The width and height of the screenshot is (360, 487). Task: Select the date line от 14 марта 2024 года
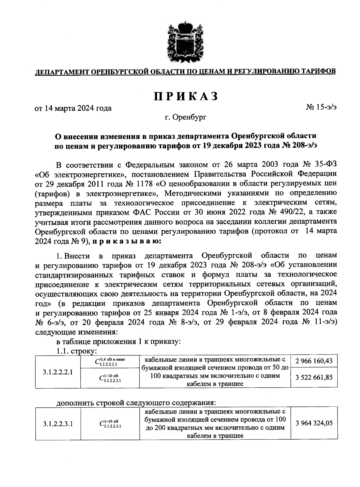coord(73,108)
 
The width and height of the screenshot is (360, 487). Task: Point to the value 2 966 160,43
coord(314,361)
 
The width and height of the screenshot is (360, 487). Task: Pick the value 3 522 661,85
coord(314,377)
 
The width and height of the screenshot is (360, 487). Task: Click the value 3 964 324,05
coord(314,423)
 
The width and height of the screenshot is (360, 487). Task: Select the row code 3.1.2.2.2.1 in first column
coord(58,372)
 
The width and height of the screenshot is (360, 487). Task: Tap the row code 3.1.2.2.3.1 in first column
coord(58,424)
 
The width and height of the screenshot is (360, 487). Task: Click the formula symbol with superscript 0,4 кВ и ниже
coord(110,361)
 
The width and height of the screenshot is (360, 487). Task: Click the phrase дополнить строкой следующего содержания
coord(136,402)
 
